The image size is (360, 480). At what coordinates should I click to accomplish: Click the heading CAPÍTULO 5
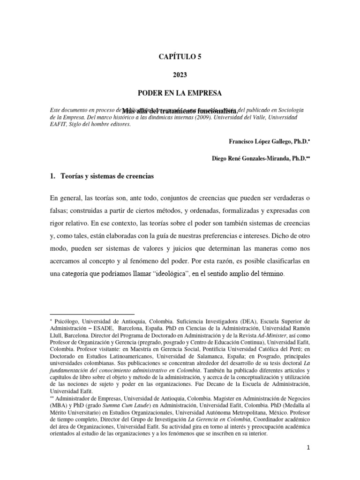180,57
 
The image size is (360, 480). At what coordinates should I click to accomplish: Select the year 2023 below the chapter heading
180,74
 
